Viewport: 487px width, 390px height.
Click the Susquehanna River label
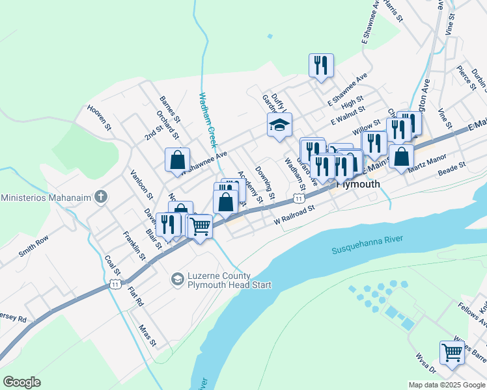click(367, 244)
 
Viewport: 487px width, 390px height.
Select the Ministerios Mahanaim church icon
click(101, 196)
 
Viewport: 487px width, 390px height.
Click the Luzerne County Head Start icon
click(176, 279)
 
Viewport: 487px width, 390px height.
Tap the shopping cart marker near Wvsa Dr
click(452, 352)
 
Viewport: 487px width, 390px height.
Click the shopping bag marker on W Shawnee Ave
click(177, 159)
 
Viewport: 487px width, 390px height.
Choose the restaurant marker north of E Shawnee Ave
click(321, 64)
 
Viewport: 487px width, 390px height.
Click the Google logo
click(21, 382)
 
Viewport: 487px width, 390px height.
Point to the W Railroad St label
click(294, 214)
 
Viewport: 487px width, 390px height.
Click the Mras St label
click(148, 334)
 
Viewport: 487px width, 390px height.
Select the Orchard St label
click(167, 123)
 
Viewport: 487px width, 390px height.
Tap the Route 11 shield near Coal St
click(115, 284)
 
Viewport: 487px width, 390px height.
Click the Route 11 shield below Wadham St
click(298, 198)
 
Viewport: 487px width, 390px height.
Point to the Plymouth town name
click(358, 184)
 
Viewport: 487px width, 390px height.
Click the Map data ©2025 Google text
click(446, 385)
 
